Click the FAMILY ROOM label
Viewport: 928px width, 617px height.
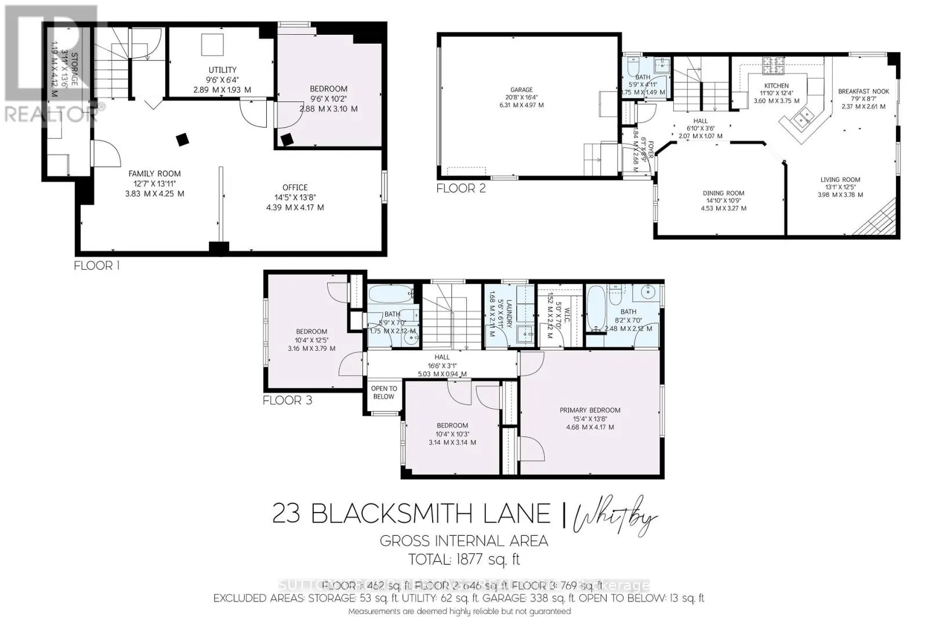(154, 173)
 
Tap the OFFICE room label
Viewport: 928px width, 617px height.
(295, 187)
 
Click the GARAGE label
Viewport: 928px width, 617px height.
(521, 90)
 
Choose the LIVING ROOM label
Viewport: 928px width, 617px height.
(840, 180)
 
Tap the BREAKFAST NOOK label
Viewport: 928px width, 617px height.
(863, 92)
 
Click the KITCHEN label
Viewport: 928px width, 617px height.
(776, 86)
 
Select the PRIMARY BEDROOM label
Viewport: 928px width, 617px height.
(589, 410)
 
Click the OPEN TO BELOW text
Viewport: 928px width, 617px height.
(383, 393)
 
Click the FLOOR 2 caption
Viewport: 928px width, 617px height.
(461, 188)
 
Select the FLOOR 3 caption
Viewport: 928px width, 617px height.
(287, 400)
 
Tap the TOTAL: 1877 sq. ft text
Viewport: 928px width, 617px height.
(464, 560)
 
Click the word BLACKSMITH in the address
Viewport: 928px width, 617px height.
(430, 513)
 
